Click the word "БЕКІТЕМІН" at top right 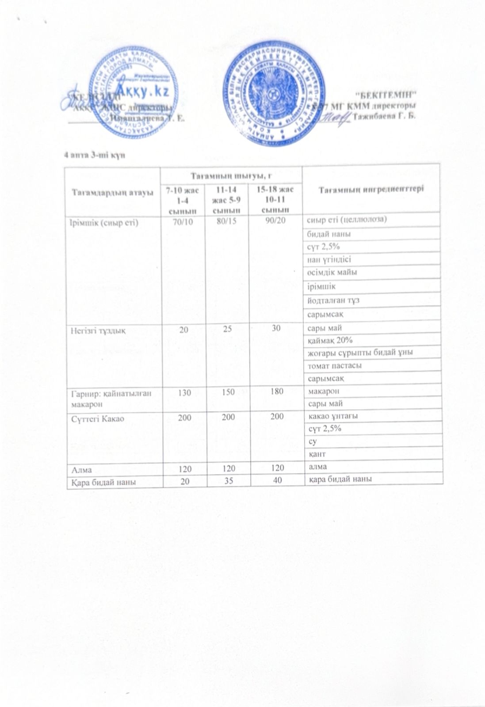pyautogui.click(x=387, y=94)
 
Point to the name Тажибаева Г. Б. pyautogui.click(x=385, y=117)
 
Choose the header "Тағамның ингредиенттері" pyautogui.click(x=371, y=189)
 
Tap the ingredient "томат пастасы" pyautogui.click(x=328, y=366)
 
